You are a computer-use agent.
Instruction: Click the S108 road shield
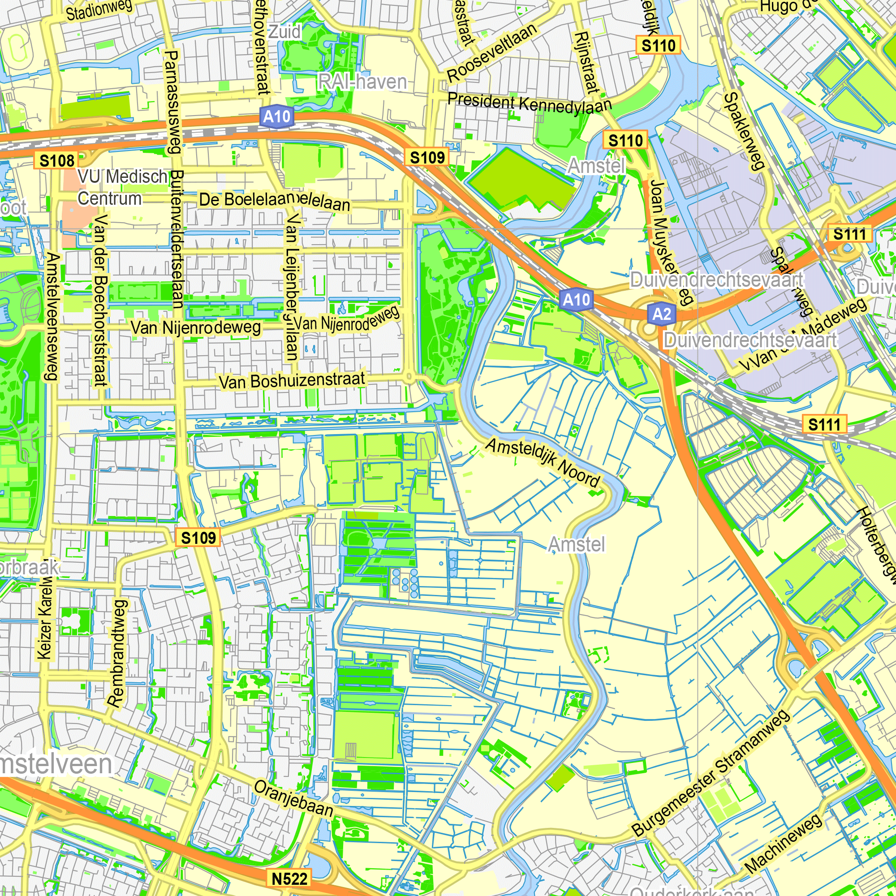click(x=56, y=161)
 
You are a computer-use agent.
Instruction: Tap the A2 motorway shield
click(x=661, y=314)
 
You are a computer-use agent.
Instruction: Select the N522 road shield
click(x=289, y=878)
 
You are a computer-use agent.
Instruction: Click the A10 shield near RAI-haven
click(x=277, y=116)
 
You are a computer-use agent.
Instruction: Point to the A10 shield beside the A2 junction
click(x=576, y=300)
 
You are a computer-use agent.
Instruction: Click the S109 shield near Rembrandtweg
click(x=198, y=538)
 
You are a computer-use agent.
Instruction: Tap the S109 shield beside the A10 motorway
click(x=427, y=158)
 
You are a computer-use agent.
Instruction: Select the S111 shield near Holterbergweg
click(x=824, y=424)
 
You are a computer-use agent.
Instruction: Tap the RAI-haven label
click(x=362, y=82)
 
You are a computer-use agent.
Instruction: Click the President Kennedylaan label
click(x=529, y=103)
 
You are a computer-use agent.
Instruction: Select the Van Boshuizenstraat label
click(x=292, y=381)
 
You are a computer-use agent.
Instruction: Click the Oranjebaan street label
click(x=293, y=798)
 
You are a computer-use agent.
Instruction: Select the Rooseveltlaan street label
click(x=491, y=52)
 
